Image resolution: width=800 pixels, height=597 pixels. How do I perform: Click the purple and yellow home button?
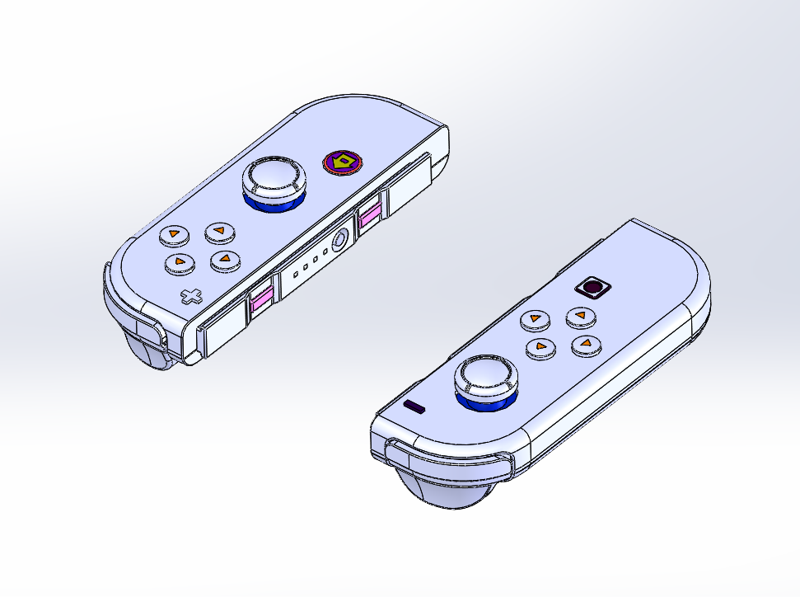pyautogui.click(x=341, y=162)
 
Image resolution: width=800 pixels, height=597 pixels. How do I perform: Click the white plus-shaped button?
pyautogui.click(x=191, y=296)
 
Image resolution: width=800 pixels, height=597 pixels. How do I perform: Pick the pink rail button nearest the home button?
pyautogui.click(x=368, y=216)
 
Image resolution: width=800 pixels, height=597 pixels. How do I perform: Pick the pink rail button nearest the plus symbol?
pyautogui.click(x=262, y=300)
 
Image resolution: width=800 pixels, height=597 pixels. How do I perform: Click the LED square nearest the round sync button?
pyautogui.click(x=325, y=251)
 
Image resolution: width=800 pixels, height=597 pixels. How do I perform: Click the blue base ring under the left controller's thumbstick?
pyautogui.click(x=273, y=203)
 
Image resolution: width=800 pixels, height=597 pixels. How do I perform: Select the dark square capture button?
pyautogui.click(x=592, y=288)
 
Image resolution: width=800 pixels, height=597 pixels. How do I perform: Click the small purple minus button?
pyautogui.click(x=414, y=407)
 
